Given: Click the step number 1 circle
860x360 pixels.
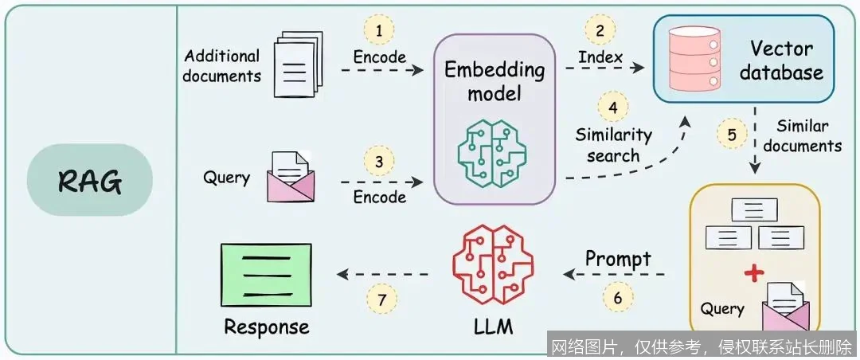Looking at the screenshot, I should [x=379, y=30].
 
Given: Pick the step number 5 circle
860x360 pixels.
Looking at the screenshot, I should [x=731, y=134].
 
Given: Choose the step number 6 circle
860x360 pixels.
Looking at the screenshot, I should [x=619, y=299].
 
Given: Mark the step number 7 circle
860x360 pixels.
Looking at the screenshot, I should [x=381, y=299].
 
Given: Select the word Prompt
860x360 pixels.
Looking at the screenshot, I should [x=618, y=258].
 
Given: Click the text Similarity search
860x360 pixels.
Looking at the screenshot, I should [x=613, y=145].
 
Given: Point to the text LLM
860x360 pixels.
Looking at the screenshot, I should [x=488, y=327].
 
